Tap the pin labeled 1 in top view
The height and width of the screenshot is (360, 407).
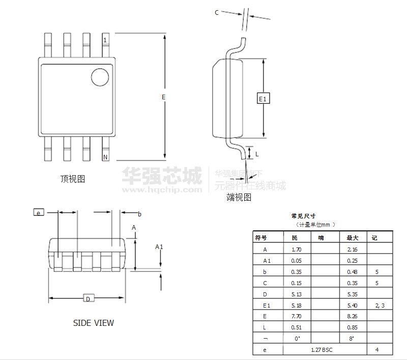[x=105, y=45]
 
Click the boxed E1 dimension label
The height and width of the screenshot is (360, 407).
[x=263, y=98]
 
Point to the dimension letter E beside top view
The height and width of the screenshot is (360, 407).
[x=163, y=97]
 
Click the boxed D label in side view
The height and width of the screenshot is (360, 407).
[x=88, y=299]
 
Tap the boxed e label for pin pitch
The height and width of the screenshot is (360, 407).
[x=39, y=213]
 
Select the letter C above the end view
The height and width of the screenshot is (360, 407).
[x=217, y=13]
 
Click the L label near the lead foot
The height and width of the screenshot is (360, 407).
[x=257, y=153]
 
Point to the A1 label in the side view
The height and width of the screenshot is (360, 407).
[x=159, y=247]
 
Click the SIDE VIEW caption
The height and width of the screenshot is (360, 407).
[x=94, y=323]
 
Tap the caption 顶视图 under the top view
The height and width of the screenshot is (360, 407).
[x=72, y=179]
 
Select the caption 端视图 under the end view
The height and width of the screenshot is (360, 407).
[x=239, y=197]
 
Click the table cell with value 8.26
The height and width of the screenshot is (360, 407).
[x=353, y=316]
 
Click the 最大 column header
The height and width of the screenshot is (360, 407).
[x=353, y=238]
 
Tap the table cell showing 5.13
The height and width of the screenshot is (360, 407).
[x=296, y=294]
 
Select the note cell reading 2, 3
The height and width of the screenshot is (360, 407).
[x=380, y=305]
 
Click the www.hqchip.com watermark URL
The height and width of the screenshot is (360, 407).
[x=162, y=190]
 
